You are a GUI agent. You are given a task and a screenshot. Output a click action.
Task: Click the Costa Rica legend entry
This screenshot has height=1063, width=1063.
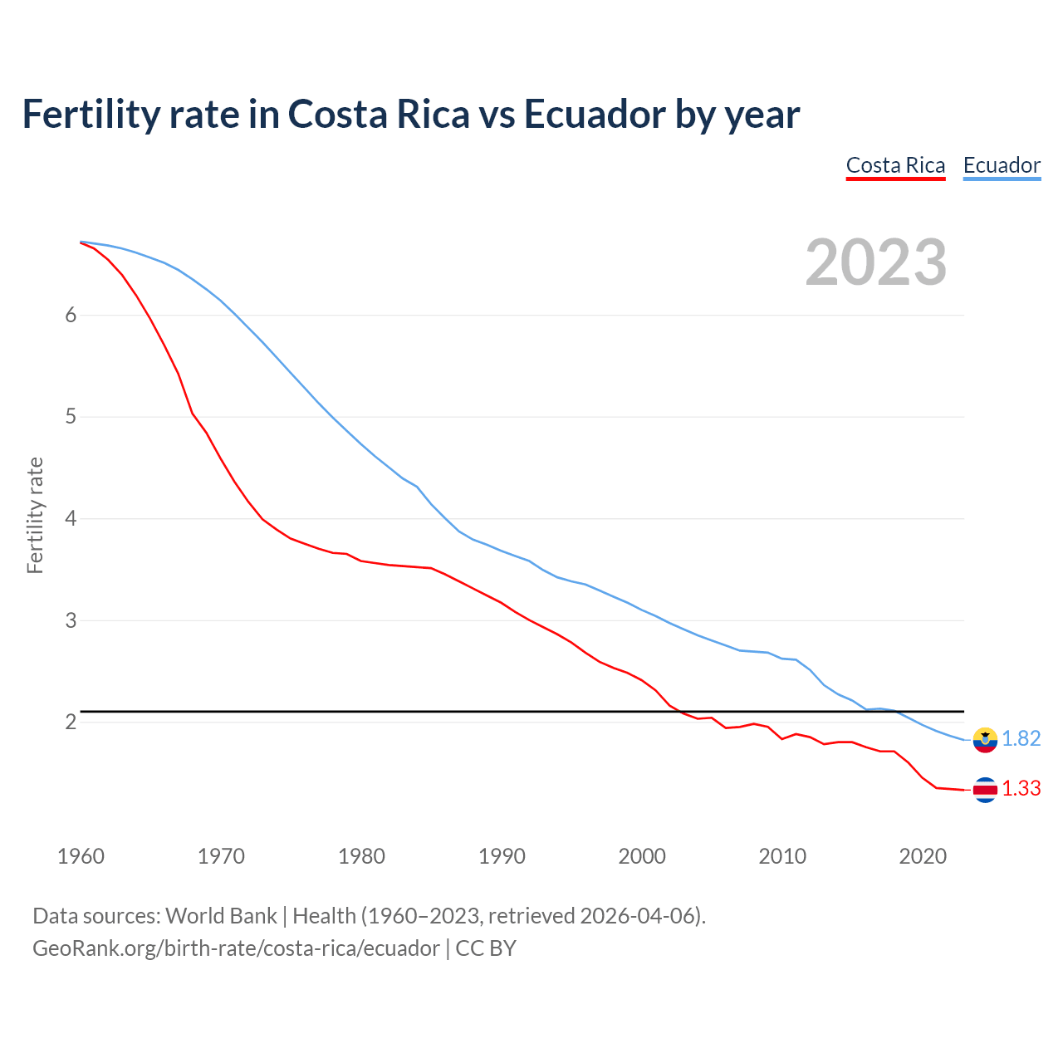[895, 165]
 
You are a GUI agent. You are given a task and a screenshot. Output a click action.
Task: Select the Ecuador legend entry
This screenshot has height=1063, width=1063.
[1002, 165]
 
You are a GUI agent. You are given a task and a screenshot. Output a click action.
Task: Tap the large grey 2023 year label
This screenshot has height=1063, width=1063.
[876, 262]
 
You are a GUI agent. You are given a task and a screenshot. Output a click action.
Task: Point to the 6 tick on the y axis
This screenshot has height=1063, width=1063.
[71, 315]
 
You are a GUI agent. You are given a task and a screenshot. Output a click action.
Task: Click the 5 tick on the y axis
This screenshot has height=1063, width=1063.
[71, 416]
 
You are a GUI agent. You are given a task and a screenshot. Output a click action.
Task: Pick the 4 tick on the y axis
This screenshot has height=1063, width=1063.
[71, 518]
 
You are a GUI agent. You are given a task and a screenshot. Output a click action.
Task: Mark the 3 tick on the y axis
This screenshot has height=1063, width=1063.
[71, 620]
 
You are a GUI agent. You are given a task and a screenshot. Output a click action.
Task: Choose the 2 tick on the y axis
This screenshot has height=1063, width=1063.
[71, 722]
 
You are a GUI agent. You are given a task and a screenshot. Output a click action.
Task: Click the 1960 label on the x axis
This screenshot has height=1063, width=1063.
[81, 856]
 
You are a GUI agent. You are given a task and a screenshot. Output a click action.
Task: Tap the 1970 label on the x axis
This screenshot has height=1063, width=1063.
[221, 856]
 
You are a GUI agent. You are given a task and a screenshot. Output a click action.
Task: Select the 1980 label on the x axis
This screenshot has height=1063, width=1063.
[361, 856]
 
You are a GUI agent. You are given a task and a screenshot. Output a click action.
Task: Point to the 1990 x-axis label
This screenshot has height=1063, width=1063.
[502, 856]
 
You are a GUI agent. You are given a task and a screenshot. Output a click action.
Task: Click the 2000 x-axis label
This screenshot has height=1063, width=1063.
[642, 856]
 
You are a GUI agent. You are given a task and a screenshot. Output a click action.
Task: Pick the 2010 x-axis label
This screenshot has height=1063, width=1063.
[782, 856]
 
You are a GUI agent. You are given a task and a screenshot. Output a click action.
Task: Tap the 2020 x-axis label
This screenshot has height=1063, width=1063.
[923, 856]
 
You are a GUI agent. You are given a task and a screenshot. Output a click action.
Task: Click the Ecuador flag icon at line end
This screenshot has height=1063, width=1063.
[985, 739]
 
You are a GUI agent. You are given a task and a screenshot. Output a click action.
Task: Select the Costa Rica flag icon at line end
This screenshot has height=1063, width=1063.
[985, 790]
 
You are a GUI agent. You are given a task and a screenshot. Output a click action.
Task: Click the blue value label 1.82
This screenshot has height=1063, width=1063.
[1021, 739]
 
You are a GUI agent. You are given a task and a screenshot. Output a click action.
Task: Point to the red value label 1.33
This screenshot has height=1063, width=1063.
[1021, 789]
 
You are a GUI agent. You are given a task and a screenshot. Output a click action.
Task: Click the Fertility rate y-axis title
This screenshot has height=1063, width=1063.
[35, 515]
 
